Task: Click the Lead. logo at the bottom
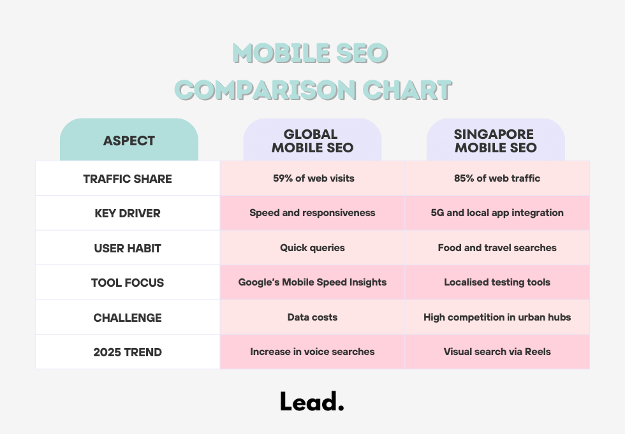312,401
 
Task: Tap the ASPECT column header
129,141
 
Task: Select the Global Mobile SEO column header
312,141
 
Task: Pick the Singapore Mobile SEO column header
496,141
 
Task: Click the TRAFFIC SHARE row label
128,178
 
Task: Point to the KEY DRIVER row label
128,213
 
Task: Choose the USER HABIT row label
128,248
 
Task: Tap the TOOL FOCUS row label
128,282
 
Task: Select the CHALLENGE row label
128,317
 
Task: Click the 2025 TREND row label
128,352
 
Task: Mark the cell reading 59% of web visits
312,178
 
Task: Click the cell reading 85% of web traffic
497,178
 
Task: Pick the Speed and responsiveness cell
312,213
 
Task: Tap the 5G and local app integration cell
497,213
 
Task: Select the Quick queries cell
312,248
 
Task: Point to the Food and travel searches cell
497,248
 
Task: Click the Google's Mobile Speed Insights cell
312,282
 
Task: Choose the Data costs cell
312,317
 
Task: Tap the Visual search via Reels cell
497,352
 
